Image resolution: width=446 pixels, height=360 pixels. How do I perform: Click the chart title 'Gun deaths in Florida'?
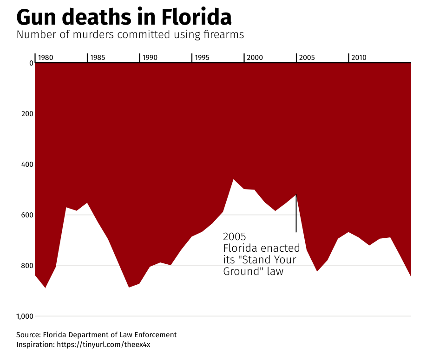(124, 18)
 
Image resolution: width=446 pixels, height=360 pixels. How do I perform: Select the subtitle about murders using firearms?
(130, 35)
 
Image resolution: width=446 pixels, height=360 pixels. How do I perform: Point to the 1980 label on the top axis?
(46, 58)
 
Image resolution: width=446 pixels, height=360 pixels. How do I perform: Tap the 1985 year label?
(98, 58)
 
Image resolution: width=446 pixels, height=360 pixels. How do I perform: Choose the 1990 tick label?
(150, 58)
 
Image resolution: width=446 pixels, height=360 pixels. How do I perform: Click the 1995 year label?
(202, 58)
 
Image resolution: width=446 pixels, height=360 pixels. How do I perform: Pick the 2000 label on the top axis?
(255, 58)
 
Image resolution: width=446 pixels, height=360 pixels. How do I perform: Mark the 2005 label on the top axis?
(307, 58)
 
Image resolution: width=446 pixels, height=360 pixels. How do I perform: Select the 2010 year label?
(359, 58)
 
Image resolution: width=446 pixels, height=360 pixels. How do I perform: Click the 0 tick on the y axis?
(31, 63)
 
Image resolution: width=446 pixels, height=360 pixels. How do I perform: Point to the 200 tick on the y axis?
(27, 113)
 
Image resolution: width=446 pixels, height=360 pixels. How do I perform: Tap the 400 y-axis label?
(27, 164)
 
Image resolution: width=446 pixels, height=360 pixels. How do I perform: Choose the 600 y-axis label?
(27, 215)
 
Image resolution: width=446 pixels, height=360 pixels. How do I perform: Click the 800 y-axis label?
(27, 266)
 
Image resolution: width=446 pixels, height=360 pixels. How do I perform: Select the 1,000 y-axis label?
(25, 316)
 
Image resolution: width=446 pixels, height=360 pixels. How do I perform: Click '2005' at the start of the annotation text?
(235, 236)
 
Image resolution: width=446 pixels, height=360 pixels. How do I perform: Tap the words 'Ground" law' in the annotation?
(253, 271)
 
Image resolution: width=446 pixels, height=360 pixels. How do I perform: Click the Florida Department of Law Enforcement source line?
(96, 335)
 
